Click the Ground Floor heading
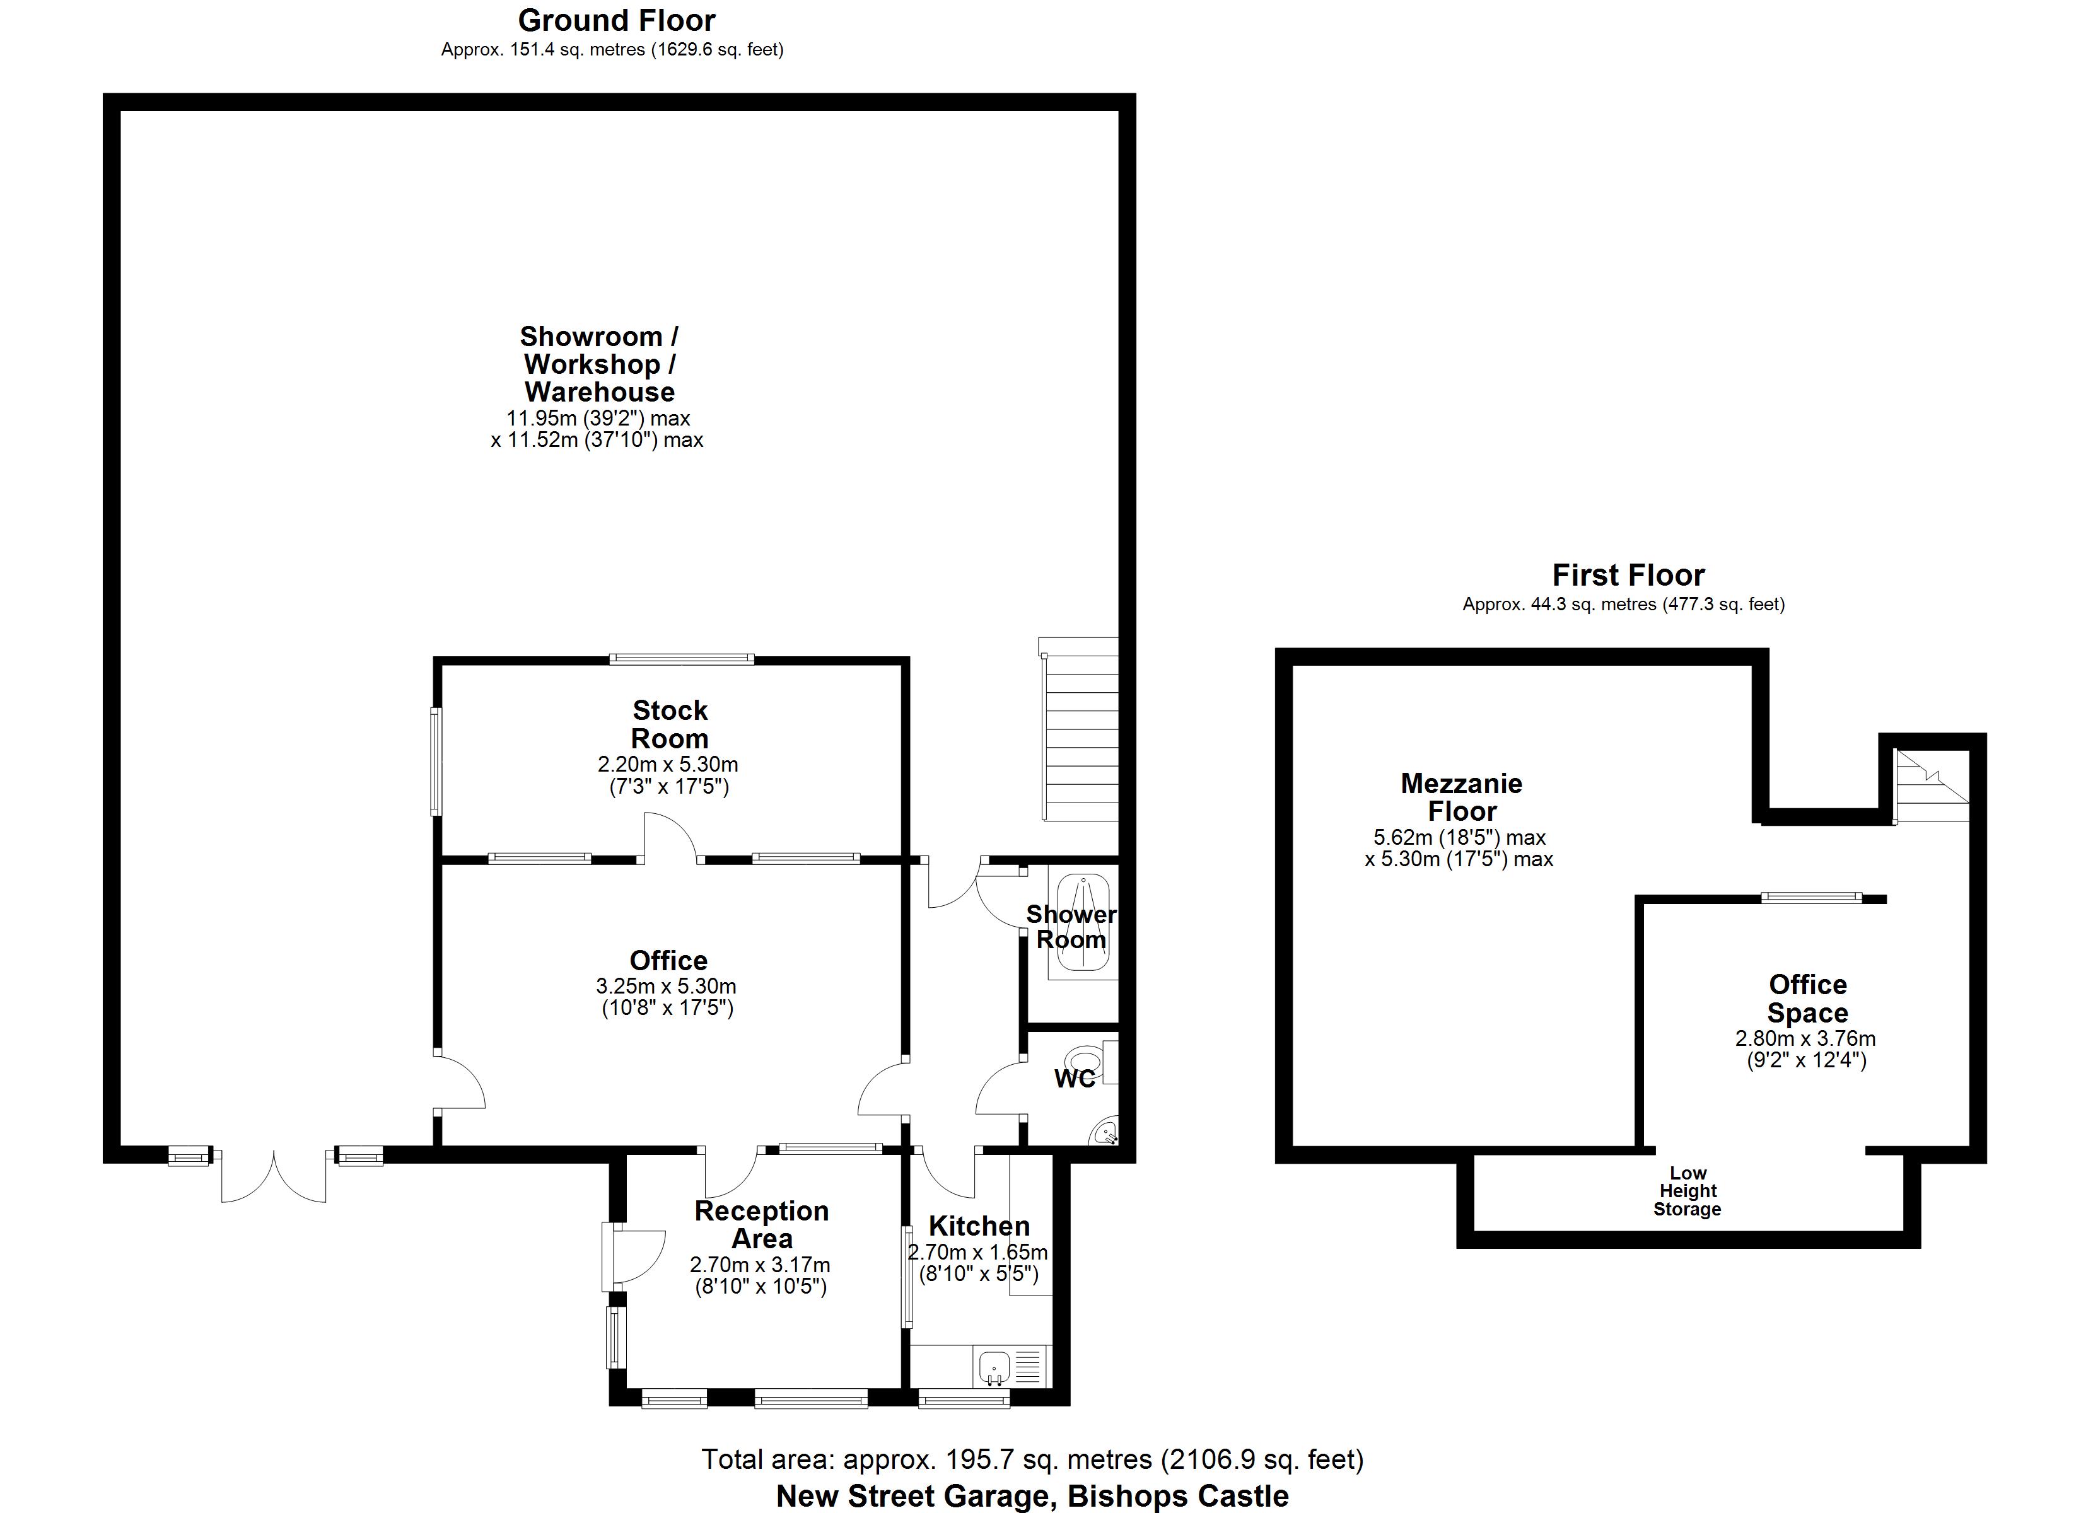click(617, 20)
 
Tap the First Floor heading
click(1628, 576)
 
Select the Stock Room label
click(670, 725)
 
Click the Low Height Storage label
click(1688, 1191)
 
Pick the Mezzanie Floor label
click(1462, 797)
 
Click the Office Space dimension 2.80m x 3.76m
click(1805, 1039)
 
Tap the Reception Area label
click(762, 1224)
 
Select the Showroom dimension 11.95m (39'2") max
click(598, 419)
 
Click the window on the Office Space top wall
click(1811, 898)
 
